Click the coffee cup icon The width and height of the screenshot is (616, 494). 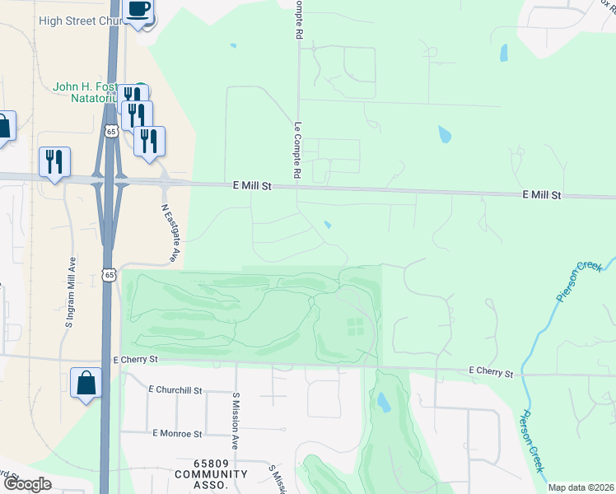[138, 11]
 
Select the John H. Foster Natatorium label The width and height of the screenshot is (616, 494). [82, 91]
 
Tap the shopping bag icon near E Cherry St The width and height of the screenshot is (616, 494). [86, 383]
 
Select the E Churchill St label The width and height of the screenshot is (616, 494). [175, 389]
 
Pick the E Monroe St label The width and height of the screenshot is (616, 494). [177, 433]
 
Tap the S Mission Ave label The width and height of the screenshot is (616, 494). [236, 420]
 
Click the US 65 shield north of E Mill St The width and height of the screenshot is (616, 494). [111, 130]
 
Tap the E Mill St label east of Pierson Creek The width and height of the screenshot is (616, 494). [541, 195]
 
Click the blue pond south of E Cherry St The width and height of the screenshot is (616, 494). [383, 402]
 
